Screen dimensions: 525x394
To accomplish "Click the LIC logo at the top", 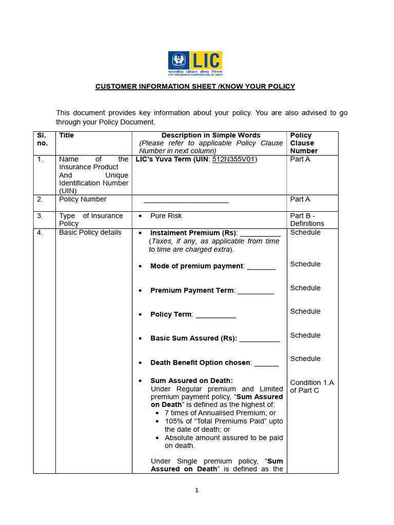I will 195,64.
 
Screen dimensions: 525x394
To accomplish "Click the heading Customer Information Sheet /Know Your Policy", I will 195,86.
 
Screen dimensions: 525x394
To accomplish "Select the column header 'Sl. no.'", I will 42,139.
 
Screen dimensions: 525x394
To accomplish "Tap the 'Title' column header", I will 67,135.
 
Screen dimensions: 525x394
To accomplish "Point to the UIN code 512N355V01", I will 233,159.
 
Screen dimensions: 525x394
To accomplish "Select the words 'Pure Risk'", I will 166,216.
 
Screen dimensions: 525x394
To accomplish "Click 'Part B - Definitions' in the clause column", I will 307,219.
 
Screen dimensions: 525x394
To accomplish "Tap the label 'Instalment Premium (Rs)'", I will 193,233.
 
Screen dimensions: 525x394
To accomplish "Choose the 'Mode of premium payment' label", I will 196,266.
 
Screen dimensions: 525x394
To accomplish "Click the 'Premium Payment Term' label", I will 192,290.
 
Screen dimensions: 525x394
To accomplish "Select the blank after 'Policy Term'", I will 215,315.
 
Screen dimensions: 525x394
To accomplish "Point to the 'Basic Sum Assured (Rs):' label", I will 193,338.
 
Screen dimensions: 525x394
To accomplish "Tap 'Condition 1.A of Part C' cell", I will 311,386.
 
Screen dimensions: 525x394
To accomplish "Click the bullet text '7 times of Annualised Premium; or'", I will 220,413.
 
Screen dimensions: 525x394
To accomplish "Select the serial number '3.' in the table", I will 40,216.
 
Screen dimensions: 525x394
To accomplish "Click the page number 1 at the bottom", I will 196,490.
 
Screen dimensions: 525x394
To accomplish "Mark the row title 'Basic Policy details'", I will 90,232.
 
